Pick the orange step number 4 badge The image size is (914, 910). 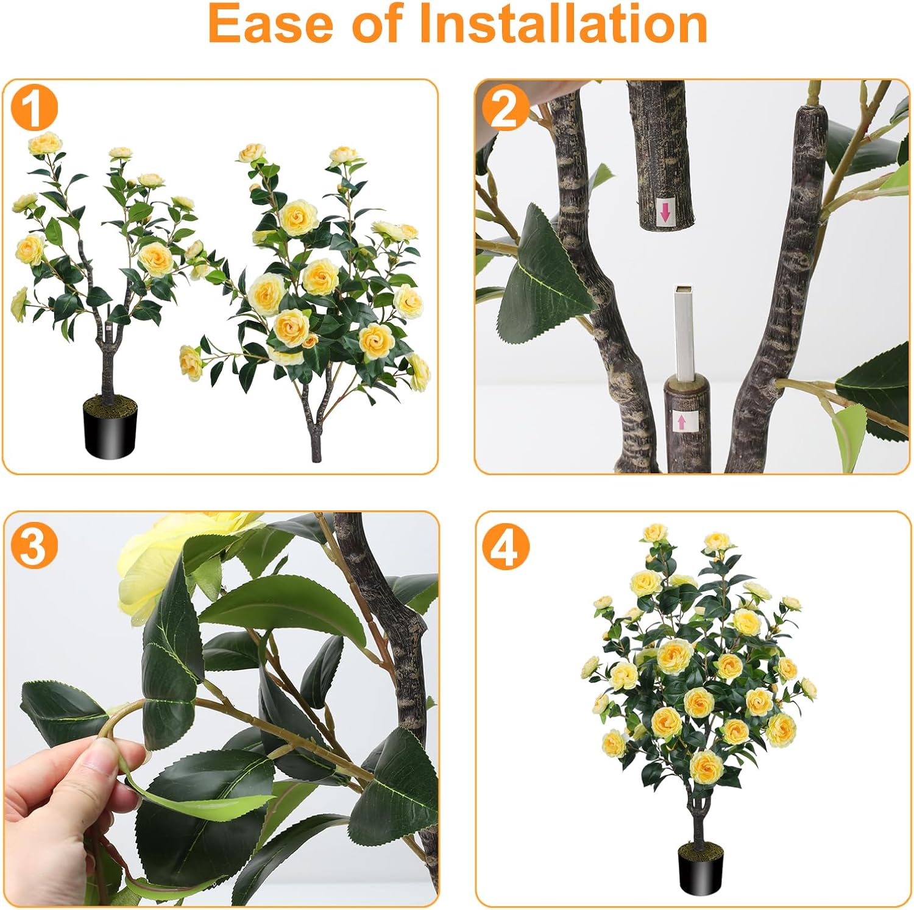pos(505,546)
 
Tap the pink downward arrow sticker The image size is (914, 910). pos(665,212)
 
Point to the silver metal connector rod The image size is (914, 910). pos(684,332)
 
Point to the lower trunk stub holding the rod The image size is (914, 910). pos(687,426)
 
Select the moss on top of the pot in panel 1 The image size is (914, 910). pos(110,402)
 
